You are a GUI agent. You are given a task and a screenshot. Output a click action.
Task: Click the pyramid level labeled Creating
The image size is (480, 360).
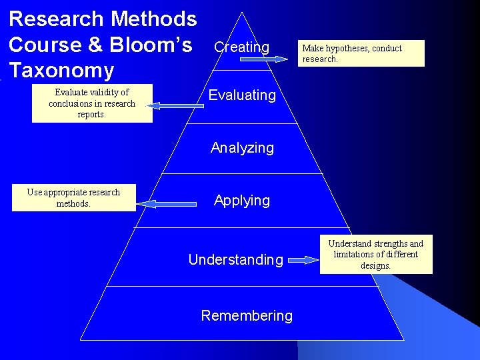(x=241, y=47)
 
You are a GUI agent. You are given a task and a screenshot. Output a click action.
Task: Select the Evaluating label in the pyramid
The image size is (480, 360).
(x=242, y=95)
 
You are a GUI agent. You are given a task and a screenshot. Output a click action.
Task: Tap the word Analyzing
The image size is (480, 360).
(x=242, y=148)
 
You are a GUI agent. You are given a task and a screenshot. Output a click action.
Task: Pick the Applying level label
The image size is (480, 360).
(x=242, y=201)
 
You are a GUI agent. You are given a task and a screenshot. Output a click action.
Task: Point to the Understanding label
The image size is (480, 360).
(x=236, y=260)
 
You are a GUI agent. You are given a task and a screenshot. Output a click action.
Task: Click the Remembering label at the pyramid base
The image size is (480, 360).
(x=247, y=316)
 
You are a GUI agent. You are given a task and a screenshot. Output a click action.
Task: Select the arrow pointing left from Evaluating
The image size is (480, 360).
(x=173, y=105)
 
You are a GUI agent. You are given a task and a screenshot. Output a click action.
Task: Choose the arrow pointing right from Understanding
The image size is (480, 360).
(x=303, y=260)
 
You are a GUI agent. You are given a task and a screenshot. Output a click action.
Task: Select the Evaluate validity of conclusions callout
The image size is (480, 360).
(x=92, y=103)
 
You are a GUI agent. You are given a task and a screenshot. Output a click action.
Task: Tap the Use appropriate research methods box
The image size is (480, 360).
(x=73, y=198)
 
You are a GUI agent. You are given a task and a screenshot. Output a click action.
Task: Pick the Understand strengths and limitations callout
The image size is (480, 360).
(x=376, y=255)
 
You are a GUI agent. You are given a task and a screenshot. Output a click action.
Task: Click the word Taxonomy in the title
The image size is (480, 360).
(x=62, y=69)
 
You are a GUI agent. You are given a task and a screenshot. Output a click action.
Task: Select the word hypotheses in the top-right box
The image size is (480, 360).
(x=348, y=48)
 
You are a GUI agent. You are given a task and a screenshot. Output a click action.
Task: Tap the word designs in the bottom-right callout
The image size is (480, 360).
(x=376, y=265)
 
